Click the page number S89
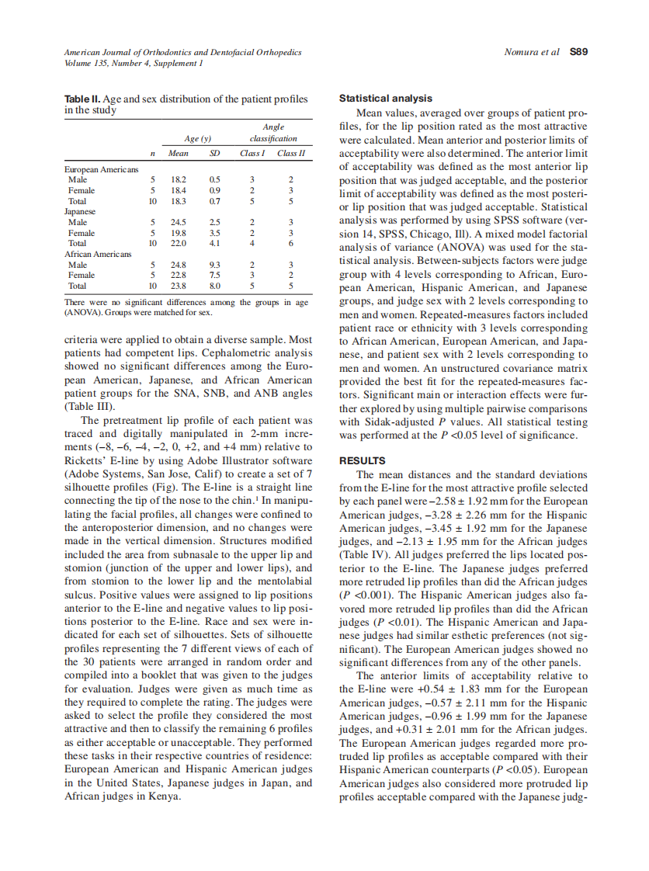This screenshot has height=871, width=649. tap(578, 53)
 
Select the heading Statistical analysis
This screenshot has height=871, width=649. tap(386, 99)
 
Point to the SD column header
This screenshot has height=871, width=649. tap(215, 154)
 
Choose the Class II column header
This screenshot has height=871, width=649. tap(290, 154)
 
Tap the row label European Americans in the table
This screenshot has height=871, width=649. tap(102, 169)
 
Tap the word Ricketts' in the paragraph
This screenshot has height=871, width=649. tap(85, 460)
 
